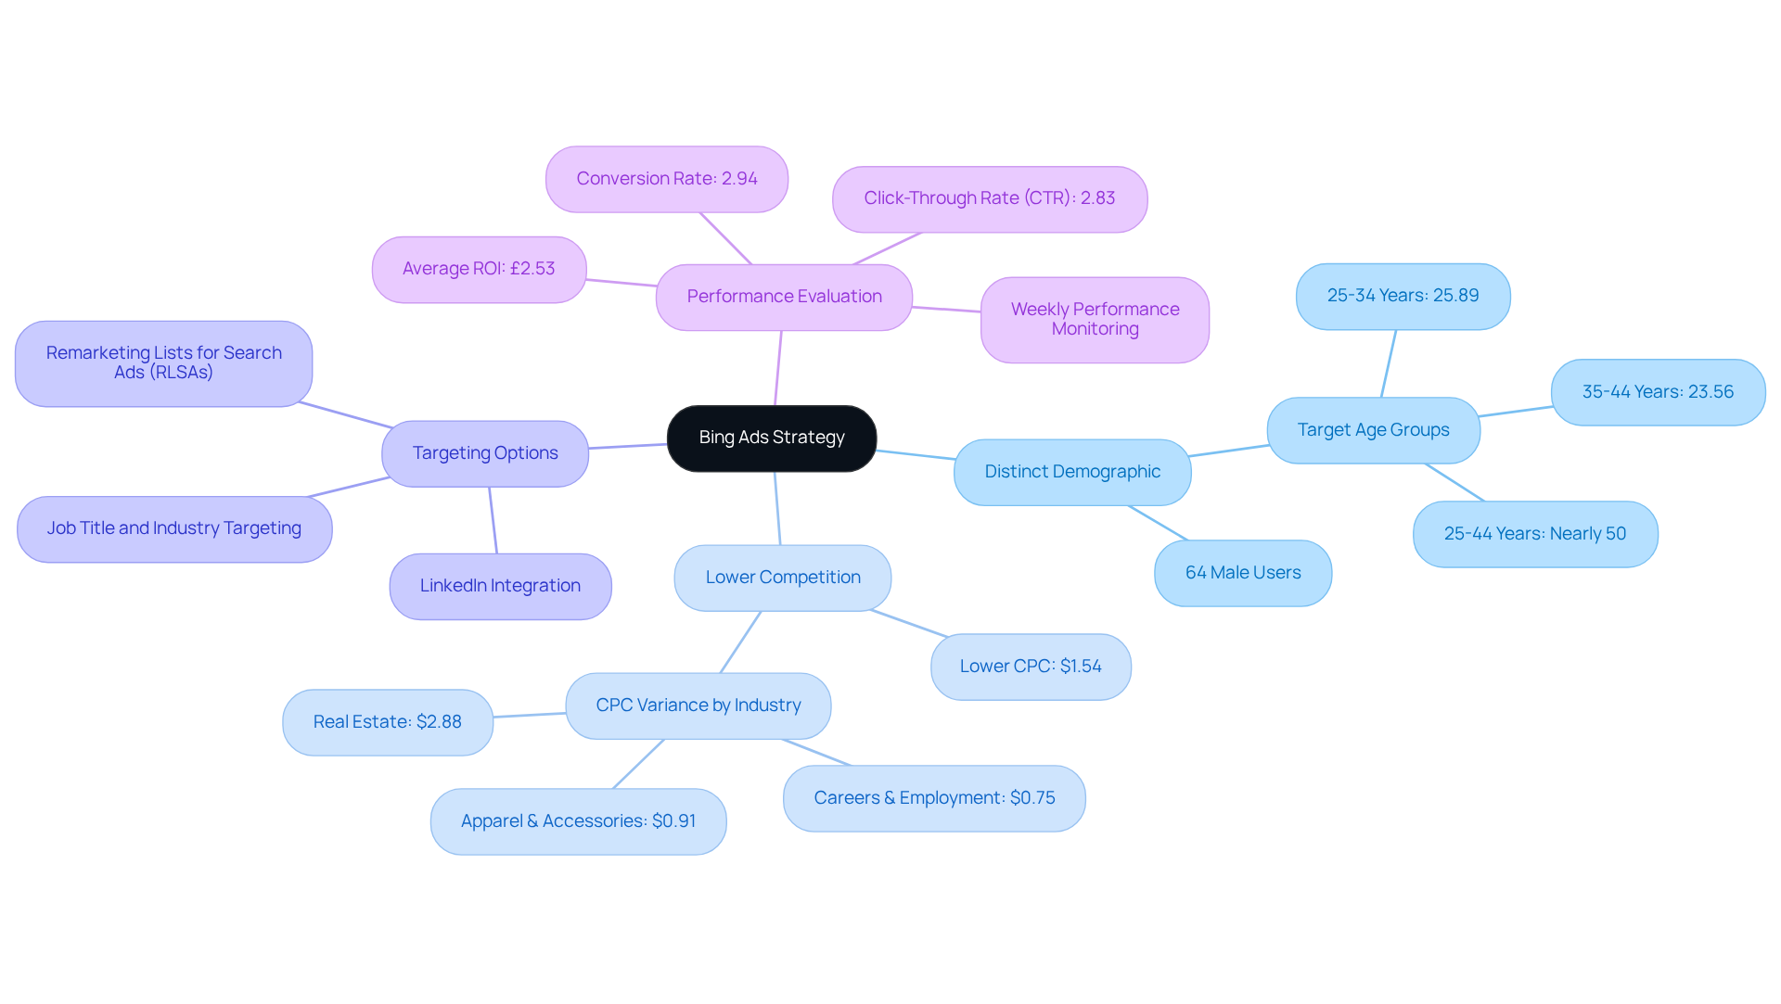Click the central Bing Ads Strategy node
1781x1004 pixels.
(771, 438)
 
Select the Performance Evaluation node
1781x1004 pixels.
(784, 297)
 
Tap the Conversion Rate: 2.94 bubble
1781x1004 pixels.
(666, 179)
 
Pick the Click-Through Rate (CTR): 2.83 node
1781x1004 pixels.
(989, 198)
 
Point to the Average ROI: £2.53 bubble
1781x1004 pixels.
(479, 269)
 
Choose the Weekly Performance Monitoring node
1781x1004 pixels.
(1095, 319)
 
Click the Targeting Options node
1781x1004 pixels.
(484, 453)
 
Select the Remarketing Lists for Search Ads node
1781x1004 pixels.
(163, 362)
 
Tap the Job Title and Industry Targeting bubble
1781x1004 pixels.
(174, 528)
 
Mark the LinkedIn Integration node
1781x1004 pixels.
(500, 586)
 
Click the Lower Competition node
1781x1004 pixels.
(782, 578)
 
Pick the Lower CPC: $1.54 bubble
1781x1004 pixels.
(1030, 667)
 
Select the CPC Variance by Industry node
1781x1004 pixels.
(698, 705)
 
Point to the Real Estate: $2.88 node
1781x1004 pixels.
(387, 722)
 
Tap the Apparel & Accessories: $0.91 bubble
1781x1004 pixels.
(578, 821)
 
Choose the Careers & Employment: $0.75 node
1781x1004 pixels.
(934, 798)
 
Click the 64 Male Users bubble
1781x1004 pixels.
(1242, 573)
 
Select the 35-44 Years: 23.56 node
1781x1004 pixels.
(1657, 392)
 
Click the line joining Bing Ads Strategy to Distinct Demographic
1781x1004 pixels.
(916, 454)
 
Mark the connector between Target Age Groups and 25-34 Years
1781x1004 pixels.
(1389, 363)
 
